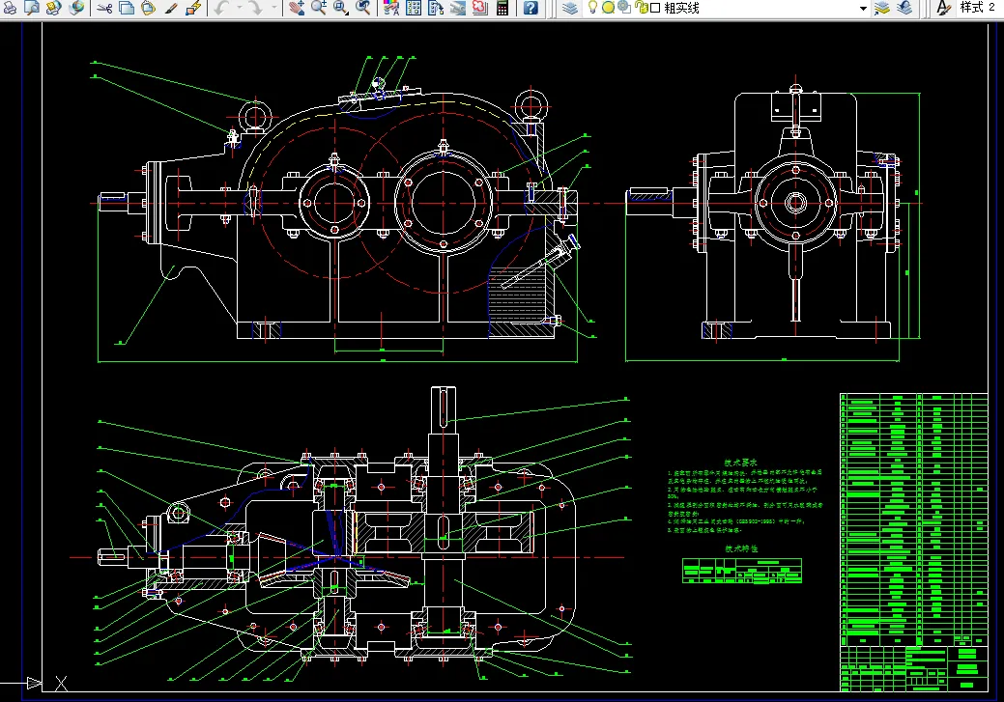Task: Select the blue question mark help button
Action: point(531,8)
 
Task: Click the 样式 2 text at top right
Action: point(977,8)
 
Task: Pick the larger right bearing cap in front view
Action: point(443,205)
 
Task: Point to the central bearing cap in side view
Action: point(795,203)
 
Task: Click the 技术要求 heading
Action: point(740,463)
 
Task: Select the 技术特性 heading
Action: point(741,548)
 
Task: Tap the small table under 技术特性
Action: point(742,571)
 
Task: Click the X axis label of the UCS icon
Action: point(61,684)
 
